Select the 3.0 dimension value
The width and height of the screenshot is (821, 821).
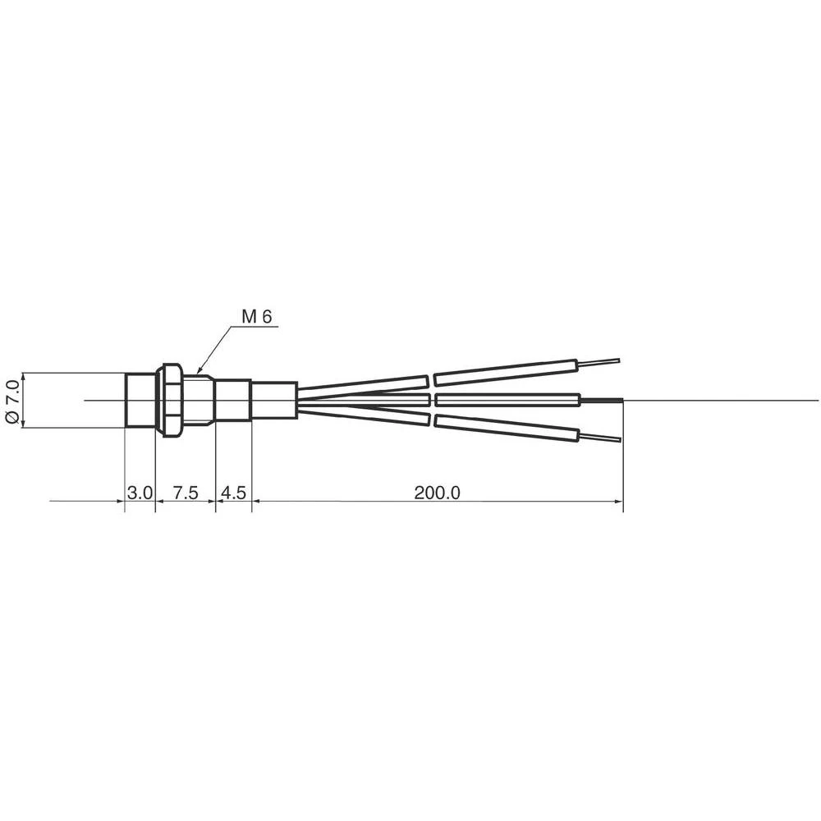coord(140,493)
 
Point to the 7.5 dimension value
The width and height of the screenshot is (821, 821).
coord(186,493)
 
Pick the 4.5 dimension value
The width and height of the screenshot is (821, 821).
coord(233,493)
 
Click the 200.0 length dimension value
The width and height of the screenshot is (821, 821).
coord(437,493)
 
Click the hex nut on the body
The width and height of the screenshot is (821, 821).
coord(171,400)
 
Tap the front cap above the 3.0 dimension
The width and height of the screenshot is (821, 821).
coord(140,400)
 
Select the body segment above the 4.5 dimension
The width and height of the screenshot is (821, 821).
coord(233,400)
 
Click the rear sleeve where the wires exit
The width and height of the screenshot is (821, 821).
coord(273,400)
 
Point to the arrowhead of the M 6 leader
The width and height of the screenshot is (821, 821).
coord(200,374)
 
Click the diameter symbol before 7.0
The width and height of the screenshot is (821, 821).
coord(11,416)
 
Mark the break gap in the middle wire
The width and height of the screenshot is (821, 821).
coord(432,400)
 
